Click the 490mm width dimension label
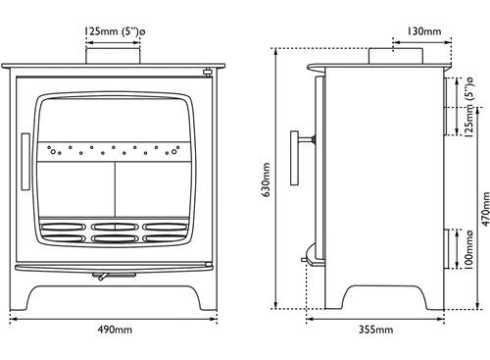coord(115,330)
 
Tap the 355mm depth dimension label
coord(376,330)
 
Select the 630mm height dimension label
coord(267,180)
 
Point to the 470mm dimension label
coord(486,209)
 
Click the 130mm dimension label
coord(424,31)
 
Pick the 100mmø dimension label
coord(468,250)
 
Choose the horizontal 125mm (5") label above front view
coord(115,32)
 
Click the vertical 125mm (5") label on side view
coord(468,107)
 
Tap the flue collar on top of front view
coord(113,56)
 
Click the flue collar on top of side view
coord(396,56)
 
